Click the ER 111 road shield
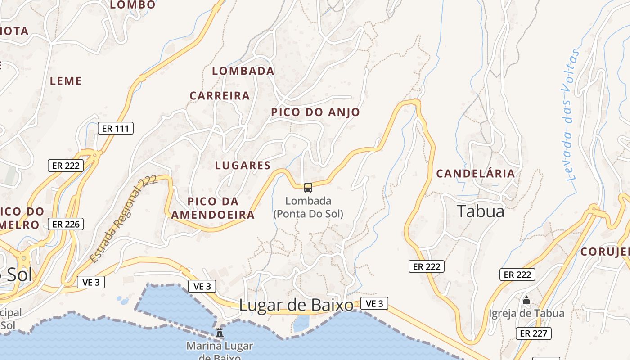[x=116, y=129]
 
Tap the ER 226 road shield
[x=66, y=224]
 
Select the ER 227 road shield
[x=534, y=333]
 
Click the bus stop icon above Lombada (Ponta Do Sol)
[x=308, y=188]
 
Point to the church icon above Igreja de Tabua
[x=526, y=300]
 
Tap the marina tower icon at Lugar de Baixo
[x=220, y=333]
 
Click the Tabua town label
[x=481, y=211]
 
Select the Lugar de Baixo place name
[x=296, y=306]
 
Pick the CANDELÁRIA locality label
[x=476, y=174]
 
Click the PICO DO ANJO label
[x=315, y=112]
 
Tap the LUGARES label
[x=243, y=165]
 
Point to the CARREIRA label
[x=220, y=96]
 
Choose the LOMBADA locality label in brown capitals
[x=243, y=71]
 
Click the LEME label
[x=66, y=81]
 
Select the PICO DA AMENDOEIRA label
[x=213, y=208]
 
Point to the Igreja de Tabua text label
[x=526, y=313]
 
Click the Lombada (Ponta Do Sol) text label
[x=308, y=207]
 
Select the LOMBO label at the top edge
[x=133, y=5]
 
